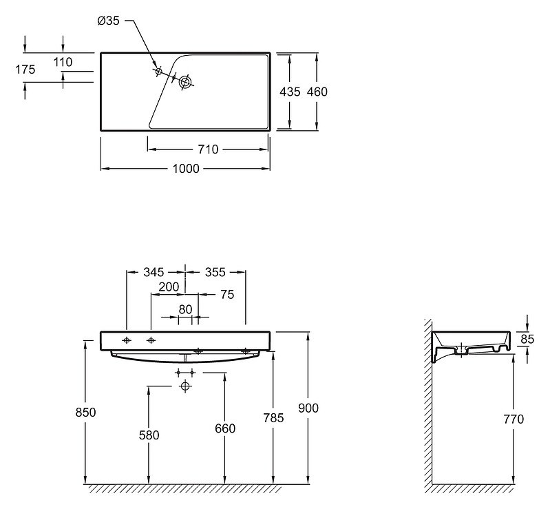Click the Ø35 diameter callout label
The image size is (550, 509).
coord(108,21)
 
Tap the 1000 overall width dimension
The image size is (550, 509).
coord(186,169)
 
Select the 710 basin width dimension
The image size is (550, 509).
coord(208,149)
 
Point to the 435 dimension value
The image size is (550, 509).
coord(290,92)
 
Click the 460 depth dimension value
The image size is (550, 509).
coord(317,92)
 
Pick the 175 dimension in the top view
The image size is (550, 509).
coord(25,70)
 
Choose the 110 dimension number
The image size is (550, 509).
coord(63,62)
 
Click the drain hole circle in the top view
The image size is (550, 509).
coord(185,82)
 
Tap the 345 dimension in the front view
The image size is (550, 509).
coord(154,272)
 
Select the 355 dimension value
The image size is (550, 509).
coord(215,272)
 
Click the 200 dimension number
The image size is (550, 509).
coord(169,287)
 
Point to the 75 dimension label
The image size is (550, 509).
coord(227,295)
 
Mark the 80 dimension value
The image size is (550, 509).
coord(185,310)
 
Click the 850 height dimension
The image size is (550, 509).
coord(85,413)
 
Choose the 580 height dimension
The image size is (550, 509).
coord(149,435)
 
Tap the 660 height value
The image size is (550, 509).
coord(225,428)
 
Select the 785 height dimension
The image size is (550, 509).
coord(273,418)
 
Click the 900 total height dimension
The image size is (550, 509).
coord(308,408)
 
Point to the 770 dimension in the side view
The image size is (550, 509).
coord(514,419)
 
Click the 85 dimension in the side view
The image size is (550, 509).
coord(527,339)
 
